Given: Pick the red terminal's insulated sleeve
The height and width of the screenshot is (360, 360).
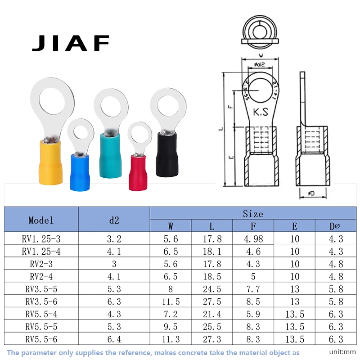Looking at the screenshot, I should point(141,171).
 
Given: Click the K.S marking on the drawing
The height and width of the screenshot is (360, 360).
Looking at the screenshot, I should point(260,111).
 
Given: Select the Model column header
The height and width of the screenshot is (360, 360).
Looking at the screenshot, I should point(41,220).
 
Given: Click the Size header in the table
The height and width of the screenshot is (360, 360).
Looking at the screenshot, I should point(253,214).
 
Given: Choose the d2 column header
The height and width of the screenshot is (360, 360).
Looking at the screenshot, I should point(114,220).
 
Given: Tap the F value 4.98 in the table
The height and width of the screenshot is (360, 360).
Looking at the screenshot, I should point(253,239).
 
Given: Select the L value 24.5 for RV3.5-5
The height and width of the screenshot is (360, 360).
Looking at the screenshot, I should point(212,289).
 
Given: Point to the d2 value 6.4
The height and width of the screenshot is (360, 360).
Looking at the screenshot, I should point(114,340).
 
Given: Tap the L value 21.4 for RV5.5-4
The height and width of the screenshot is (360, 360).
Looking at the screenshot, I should point(212,315).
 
